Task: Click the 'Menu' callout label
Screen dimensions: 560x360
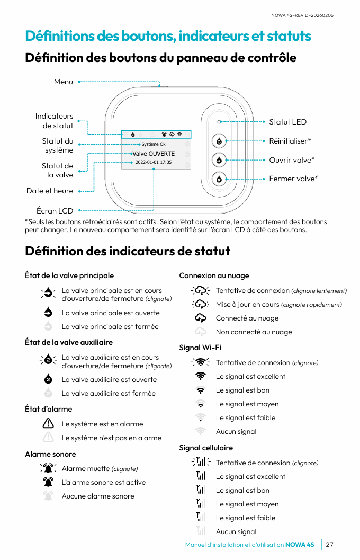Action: point(64,82)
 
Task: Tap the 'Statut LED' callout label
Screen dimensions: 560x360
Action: point(287,122)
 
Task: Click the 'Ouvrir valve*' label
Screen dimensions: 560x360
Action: point(292,160)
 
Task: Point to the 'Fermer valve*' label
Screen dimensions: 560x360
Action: point(293,179)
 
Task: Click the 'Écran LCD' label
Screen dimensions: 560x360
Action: point(55,211)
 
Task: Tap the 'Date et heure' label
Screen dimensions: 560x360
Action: point(50,191)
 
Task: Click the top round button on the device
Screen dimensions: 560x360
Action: point(219,141)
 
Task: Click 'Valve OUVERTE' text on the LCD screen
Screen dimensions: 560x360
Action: point(154,154)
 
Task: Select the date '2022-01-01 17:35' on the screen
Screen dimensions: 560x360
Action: point(154,162)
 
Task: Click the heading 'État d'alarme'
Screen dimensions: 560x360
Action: point(49,409)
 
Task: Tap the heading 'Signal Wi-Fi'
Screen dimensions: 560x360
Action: point(200,348)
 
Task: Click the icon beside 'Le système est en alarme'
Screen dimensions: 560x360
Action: point(48,424)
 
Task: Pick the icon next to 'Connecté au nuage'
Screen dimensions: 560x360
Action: point(200,318)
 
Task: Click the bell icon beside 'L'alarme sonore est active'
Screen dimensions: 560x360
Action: point(48,482)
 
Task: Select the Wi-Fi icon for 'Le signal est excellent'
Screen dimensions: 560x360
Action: point(200,376)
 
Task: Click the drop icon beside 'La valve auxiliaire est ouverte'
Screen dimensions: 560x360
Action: point(48,379)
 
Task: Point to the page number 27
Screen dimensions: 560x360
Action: point(330,545)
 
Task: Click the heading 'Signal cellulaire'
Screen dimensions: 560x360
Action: point(206,448)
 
